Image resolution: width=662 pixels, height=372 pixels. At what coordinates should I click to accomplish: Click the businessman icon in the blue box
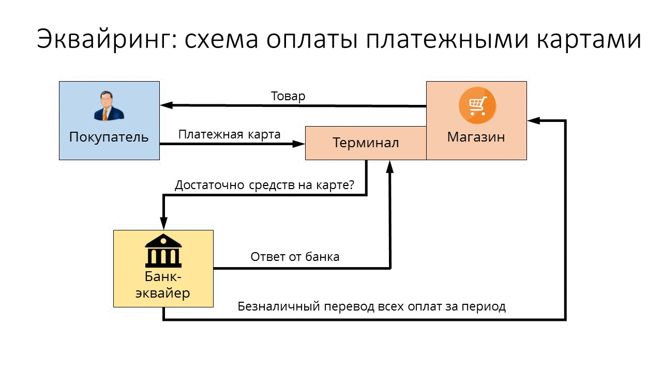click(109, 106)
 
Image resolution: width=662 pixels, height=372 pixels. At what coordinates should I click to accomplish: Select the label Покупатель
click(109, 137)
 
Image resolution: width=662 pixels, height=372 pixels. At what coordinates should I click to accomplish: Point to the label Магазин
click(476, 137)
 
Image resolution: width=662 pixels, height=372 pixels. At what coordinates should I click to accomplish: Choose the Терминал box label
click(366, 143)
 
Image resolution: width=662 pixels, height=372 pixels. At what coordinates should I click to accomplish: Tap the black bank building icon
click(163, 250)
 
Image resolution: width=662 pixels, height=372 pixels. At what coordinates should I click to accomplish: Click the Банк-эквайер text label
click(163, 285)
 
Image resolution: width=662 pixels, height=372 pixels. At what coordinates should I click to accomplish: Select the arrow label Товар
click(288, 96)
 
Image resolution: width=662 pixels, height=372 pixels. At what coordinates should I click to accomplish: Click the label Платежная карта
click(229, 135)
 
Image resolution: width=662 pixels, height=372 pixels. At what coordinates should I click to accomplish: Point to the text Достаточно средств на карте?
click(264, 185)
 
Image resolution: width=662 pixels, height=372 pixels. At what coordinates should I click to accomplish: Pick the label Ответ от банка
click(295, 257)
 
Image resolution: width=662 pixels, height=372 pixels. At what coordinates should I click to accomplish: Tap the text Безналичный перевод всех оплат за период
click(371, 306)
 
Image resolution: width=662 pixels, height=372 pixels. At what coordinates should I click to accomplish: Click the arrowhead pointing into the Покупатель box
click(166, 105)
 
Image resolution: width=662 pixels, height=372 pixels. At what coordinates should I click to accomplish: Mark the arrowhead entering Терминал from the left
click(299, 144)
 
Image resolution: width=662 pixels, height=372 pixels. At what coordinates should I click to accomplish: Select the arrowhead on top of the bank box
click(163, 224)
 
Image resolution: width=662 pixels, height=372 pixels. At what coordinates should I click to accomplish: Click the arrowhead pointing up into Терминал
click(390, 165)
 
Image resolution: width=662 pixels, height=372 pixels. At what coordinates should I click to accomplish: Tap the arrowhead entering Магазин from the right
click(533, 121)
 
